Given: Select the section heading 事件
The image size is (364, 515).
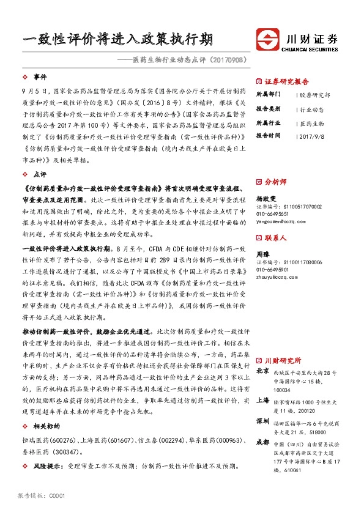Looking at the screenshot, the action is click(x=40, y=77).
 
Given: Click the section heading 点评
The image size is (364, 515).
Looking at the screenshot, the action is click(x=40, y=174).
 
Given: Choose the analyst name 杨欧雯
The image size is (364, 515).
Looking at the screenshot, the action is click(x=265, y=198).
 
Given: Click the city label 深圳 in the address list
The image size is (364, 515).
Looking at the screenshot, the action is click(x=262, y=421).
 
